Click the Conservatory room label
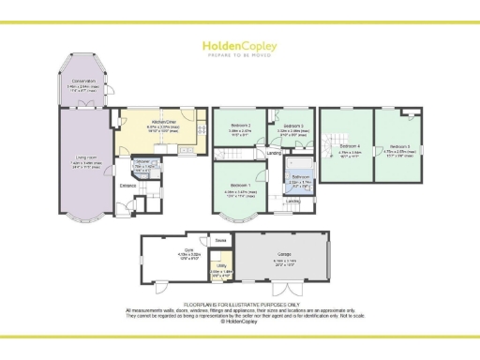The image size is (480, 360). pos(82,82)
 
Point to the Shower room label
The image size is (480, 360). pos(144,164)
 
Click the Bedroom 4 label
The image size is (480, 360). pos(350,147)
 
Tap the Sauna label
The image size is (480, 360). pos(220,241)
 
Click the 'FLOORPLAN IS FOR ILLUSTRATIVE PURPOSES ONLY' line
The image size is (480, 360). pos(239,305)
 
